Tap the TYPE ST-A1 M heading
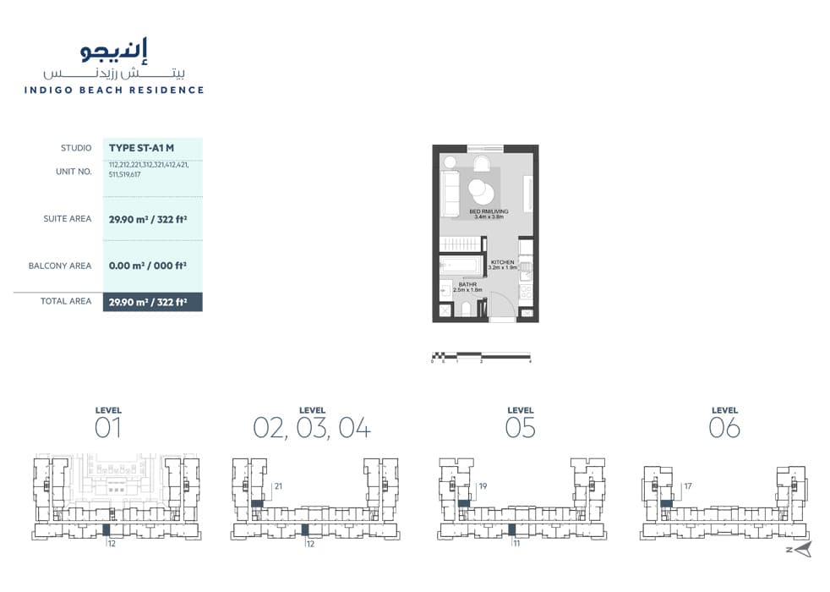coord(141,148)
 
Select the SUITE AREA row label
coord(68,219)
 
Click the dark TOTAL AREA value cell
coord(152,301)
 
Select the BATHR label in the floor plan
coord(468,284)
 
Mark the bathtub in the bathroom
coord(461,265)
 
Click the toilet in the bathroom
coord(466,310)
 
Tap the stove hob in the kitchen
coord(526,293)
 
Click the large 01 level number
coord(108,428)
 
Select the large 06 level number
coord(724,428)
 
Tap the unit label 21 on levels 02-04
coord(277,486)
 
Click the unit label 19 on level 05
coord(483,486)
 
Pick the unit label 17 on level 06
coord(688,486)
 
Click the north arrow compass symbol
coord(801,549)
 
